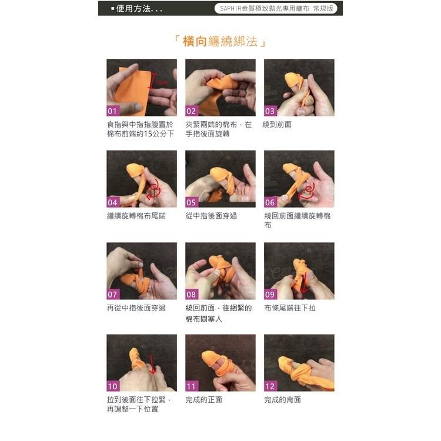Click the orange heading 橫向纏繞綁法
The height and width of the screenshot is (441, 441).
220,42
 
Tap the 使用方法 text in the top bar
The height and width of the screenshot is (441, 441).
139,8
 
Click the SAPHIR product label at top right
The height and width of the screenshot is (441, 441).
276,8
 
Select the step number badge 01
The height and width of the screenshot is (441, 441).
113,111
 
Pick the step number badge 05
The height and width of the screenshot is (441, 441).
192,202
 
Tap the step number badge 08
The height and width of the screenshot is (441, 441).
192,294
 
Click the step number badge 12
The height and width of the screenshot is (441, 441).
270,386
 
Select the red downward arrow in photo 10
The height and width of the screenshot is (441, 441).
152,363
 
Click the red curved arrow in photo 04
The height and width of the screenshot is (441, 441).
156,188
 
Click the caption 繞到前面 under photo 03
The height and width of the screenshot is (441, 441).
277,125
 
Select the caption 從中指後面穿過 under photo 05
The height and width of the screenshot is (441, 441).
211,216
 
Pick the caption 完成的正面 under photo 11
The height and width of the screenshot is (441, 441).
203,400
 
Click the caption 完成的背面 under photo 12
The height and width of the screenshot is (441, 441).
282,400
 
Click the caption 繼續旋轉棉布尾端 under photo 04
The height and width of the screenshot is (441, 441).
136,216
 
